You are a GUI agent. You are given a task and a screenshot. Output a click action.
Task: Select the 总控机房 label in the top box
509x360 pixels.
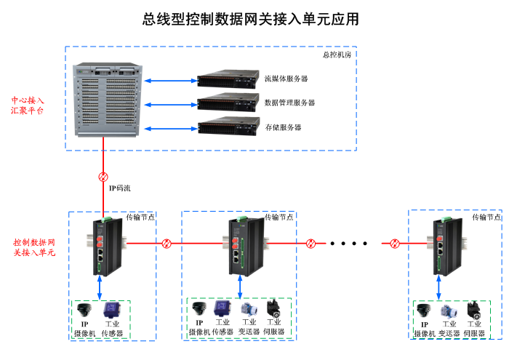click(x=337, y=55)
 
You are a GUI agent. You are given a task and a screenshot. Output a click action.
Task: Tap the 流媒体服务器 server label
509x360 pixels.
click(x=286, y=79)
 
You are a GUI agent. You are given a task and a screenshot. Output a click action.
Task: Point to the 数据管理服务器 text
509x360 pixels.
click(x=289, y=103)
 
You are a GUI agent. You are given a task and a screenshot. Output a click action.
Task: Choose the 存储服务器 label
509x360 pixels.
click(x=283, y=127)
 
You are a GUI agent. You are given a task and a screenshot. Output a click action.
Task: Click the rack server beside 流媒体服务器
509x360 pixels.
click(x=228, y=79)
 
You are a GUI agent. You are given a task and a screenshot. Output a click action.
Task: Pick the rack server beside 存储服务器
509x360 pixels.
click(x=228, y=127)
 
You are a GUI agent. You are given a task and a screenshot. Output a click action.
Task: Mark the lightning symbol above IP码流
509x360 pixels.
click(x=103, y=177)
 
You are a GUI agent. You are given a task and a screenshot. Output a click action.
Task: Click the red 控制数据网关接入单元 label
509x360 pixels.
click(x=34, y=247)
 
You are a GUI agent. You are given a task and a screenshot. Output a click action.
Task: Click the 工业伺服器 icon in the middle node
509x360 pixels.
click(x=274, y=308)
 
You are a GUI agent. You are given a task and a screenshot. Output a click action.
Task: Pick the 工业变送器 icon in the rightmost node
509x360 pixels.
click(x=449, y=310)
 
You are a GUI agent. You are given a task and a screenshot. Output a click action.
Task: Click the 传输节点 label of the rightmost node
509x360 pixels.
click(x=486, y=217)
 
